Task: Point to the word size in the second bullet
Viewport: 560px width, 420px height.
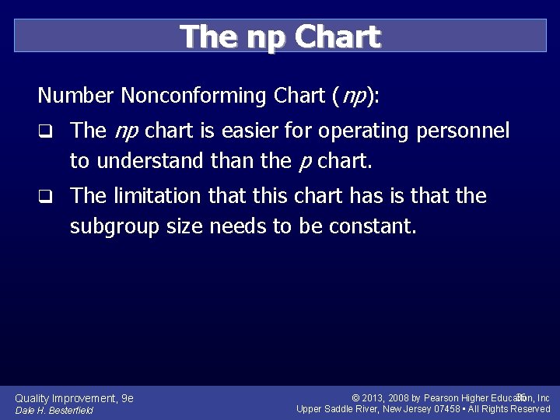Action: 184,226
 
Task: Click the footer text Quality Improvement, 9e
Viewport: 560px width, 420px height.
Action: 75,398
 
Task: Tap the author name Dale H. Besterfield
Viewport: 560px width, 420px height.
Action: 54,411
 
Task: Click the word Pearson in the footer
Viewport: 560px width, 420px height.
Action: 443,398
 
